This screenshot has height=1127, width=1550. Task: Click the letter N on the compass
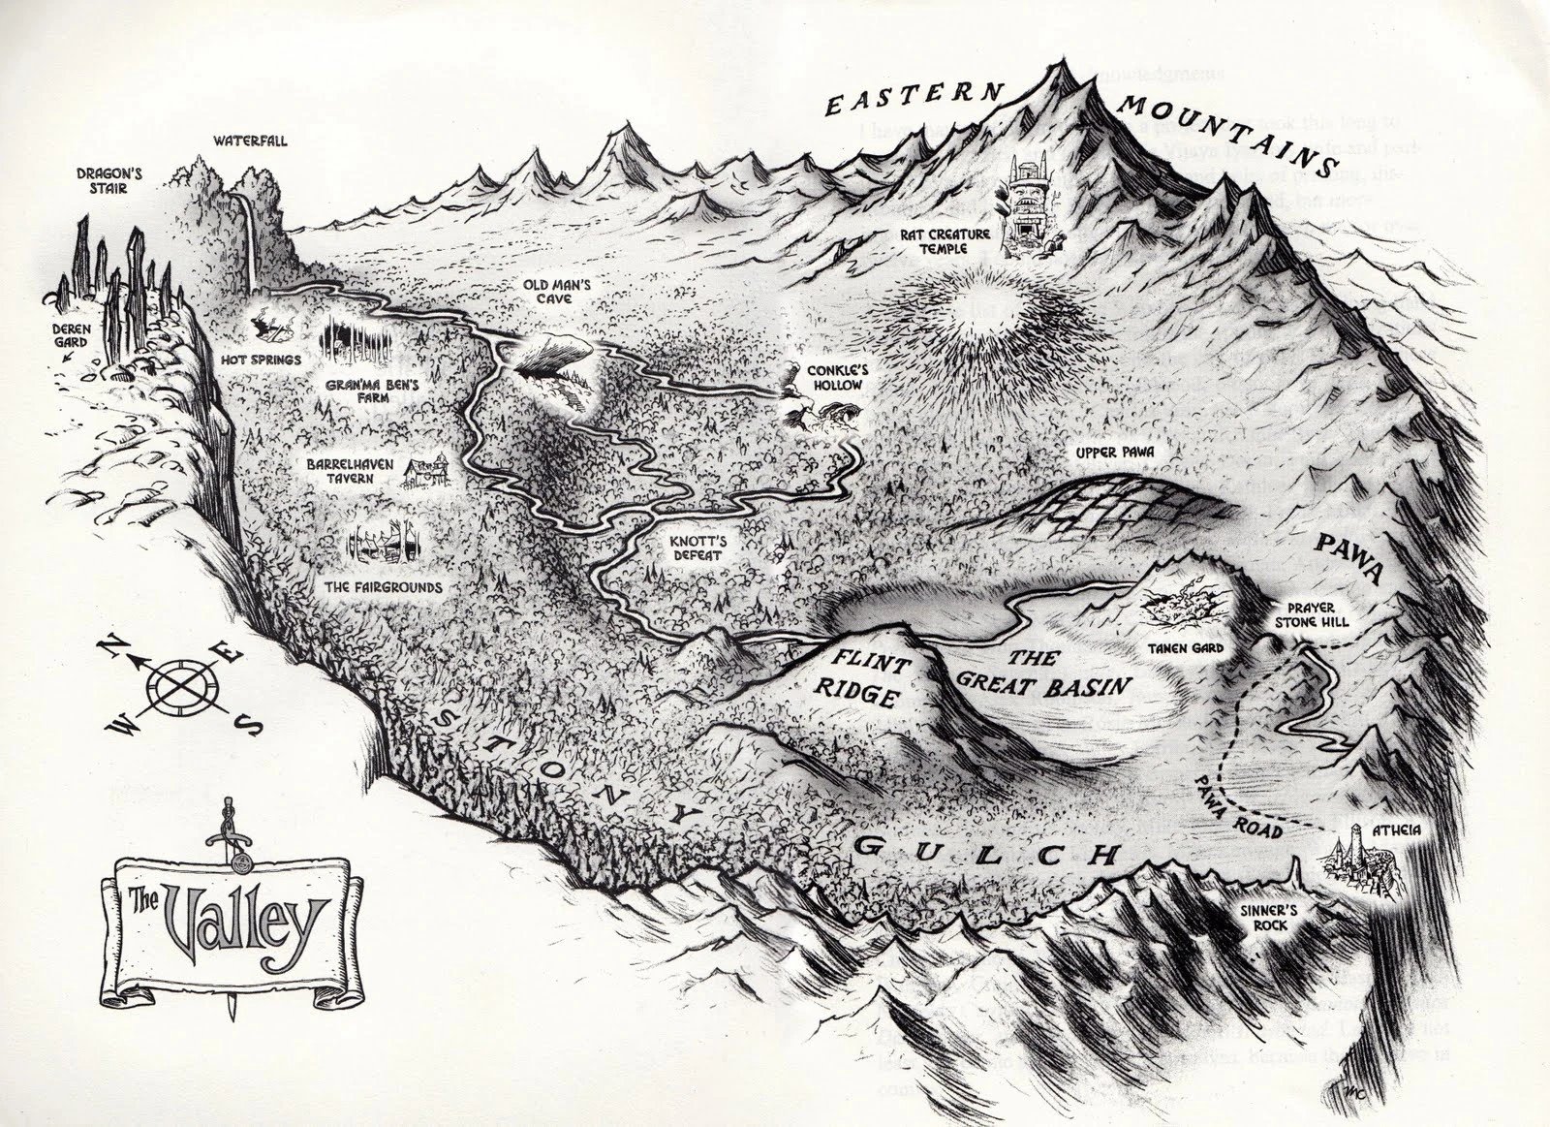coord(111,646)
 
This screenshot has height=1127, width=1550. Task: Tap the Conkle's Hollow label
coord(827,378)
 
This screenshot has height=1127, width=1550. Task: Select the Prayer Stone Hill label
coord(1311,614)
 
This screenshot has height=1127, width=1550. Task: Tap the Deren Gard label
coord(71,335)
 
